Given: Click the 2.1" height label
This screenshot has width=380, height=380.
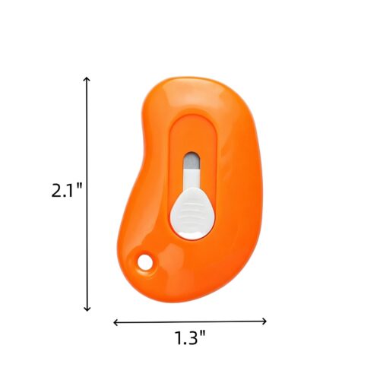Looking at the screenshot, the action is [x=67, y=190].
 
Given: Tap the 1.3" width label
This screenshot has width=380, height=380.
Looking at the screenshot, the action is [x=190, y=337].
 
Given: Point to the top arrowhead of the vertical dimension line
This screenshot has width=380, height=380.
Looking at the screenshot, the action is [x=87, y=79].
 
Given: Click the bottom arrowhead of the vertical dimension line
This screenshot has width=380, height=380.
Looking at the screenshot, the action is [x=87, y=309].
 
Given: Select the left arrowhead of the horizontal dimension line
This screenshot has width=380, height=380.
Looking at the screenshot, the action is [x=116, y=322].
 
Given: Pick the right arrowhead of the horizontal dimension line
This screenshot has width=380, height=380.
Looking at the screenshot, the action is [x=264, y=321].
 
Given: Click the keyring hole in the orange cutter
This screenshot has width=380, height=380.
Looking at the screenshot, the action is [x=144, y=262].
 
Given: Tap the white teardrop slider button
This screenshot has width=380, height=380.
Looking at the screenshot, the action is [x=192, y=213].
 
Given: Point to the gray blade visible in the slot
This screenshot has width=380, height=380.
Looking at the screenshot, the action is [x=192, y=161].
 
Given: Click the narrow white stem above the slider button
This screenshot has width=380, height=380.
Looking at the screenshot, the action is [x=192, y=179].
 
